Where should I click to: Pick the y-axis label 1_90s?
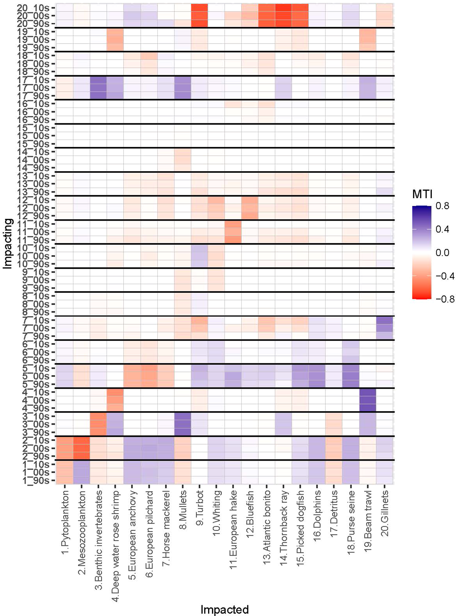[x=35, y=480]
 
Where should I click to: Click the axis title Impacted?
[x=225, y=609]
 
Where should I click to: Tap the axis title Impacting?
[x=8, y=244]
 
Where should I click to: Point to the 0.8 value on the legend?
[x=442, y=206]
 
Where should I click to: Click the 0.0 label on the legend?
[x=442, y=252]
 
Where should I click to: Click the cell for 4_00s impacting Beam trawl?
[x=368, y=400]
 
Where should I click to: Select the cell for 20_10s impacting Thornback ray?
[x=284, y=7]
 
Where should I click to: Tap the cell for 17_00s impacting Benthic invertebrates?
[x=98, y=88]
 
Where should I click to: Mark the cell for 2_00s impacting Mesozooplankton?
[x=81, y=448]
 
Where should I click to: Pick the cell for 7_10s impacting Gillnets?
[x=384, y=320]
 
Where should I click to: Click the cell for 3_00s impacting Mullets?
[x=183, y=424]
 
